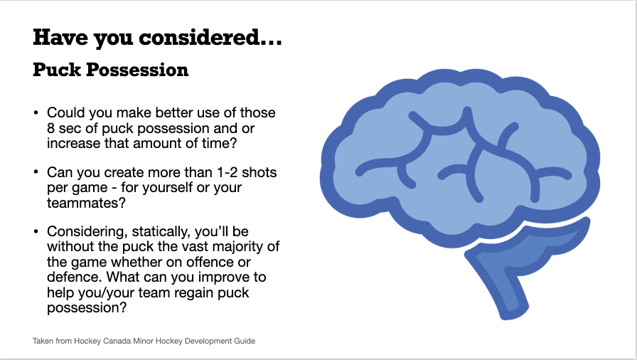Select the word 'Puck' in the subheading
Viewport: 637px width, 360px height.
pyautogui.click(x=57, y=70)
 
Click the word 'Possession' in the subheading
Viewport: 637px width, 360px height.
pyautogui.click(x=137, y=70)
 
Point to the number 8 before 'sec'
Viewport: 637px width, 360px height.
pyautogui.click(x=50, y=128)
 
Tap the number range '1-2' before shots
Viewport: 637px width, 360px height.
pyautogui.click(x=227, y=173)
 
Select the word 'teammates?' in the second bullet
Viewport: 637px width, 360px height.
pyautogui.click(x=87, y=203)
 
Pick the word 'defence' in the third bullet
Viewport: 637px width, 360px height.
pyautogui.click(x=73, y=277)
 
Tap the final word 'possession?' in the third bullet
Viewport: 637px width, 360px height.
pyautogui.click(x=87, y=308)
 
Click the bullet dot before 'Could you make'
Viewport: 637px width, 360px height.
pyautogui.click(x=36, y=112)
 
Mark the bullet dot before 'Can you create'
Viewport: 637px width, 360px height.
pyautogui.click(x=36, y=172)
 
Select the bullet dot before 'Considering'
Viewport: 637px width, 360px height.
pyautogui.click(x=36, y=232)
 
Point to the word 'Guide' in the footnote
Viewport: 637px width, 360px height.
pyautogui.click(x=245, y=341)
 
